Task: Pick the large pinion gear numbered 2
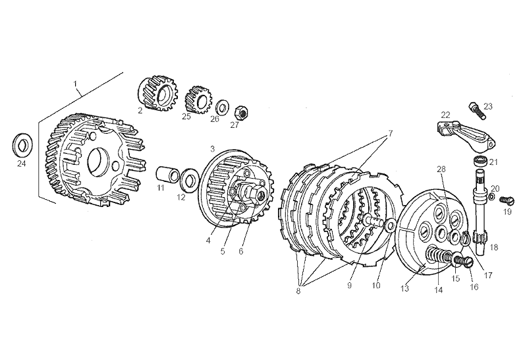point(158,93)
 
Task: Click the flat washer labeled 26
point(222,107)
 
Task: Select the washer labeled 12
point(190,179)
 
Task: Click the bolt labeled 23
point(476,111)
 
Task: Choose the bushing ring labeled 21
point(481,161)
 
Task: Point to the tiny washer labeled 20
point(491,196)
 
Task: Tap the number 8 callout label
point(298,291)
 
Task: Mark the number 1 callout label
point(75,84)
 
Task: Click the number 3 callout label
point(212,148)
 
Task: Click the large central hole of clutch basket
point(97,162)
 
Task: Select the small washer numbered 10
point(390,225)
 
